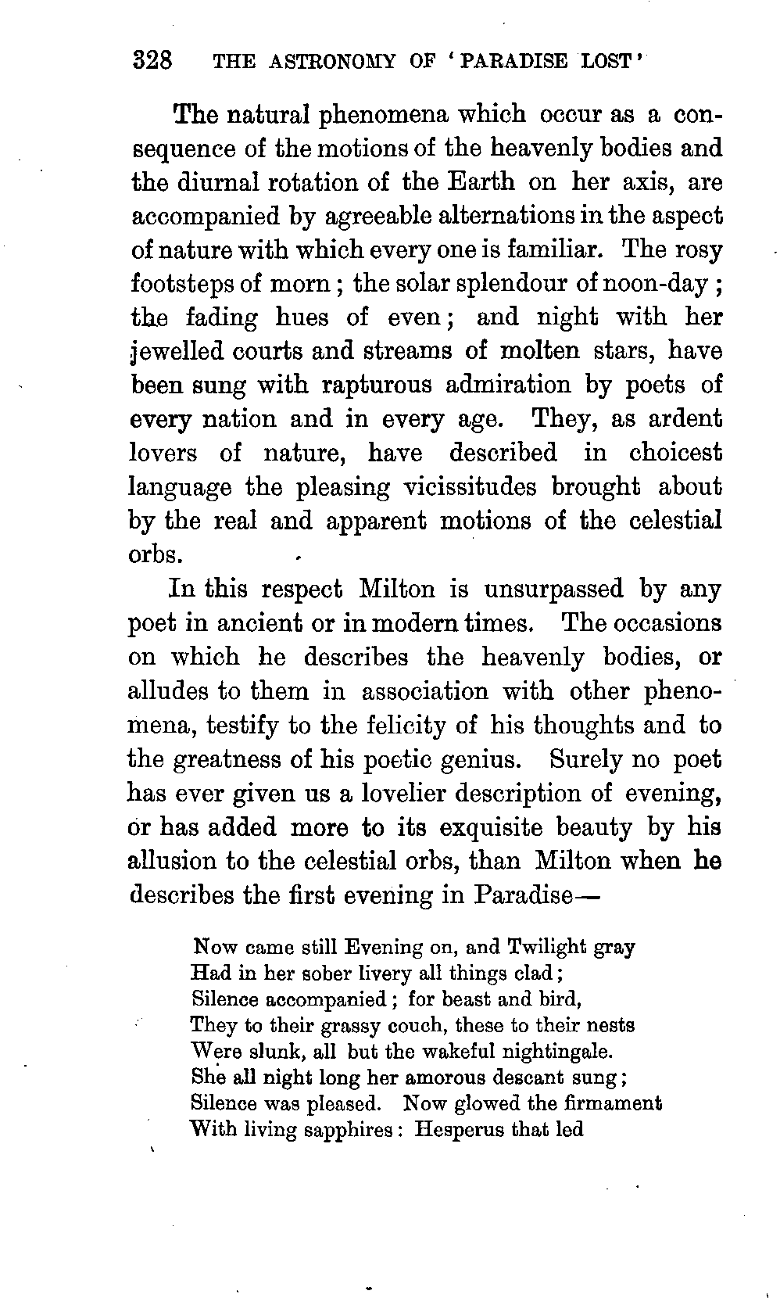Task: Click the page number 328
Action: point(152,60)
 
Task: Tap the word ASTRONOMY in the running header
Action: point(336,62)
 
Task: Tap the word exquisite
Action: point(489,827)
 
